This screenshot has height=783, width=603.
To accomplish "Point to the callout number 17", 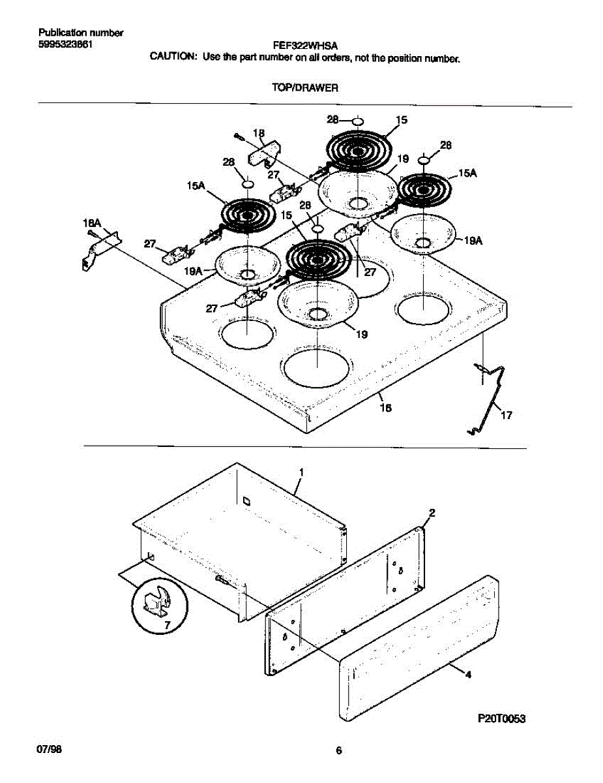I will [505, 414].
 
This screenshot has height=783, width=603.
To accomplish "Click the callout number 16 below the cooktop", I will [386, 408].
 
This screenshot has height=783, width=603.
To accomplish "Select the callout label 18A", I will [91, 224].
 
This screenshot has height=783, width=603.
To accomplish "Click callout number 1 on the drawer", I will [302, 471].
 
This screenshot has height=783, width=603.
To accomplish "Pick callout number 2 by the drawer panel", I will [432, 512].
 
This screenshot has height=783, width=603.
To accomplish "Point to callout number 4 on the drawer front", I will [467, 675].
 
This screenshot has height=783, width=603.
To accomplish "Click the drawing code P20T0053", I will [502, 718].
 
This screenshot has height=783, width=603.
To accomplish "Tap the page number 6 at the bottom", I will [338, 750].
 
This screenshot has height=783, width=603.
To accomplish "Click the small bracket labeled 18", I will [262, 155].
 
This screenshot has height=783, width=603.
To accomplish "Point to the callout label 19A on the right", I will [473, 241].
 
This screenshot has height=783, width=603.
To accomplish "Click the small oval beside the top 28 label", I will [357, 121].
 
